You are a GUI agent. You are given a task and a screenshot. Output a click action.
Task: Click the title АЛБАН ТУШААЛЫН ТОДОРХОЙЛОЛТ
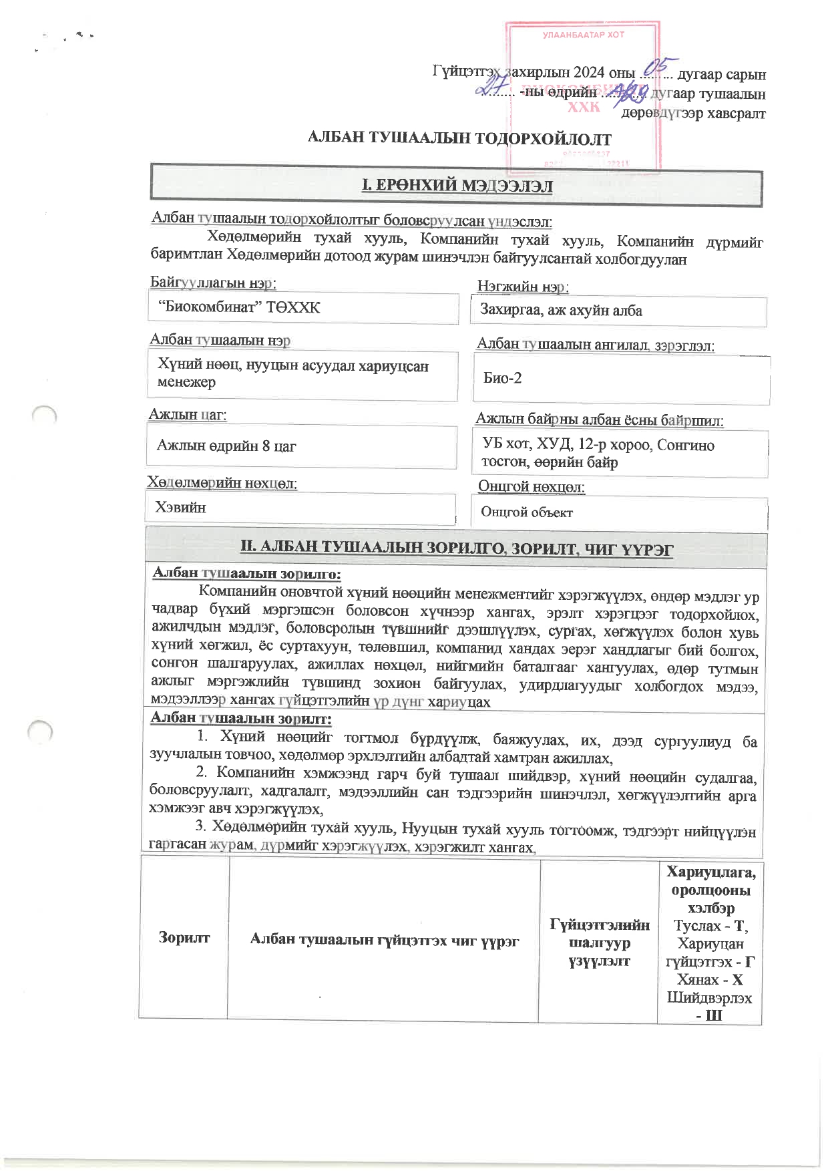pos(459,139)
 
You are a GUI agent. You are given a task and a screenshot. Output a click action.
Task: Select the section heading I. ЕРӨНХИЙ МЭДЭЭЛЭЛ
pos(457,186)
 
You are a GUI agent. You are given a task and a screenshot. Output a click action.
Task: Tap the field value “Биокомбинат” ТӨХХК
pos(239,308)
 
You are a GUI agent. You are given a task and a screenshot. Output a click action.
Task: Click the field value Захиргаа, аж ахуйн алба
pos(561,311)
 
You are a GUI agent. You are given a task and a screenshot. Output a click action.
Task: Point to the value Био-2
pos(502,378)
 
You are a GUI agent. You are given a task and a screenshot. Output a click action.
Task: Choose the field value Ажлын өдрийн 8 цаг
pos(226,446)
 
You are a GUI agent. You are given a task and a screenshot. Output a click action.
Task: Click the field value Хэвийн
pos(180,508)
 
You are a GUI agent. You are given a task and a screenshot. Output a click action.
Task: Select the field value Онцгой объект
pos(526,512)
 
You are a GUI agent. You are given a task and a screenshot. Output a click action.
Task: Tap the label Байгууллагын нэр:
pos(213,283)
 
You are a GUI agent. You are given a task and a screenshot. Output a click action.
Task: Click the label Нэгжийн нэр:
pos(522,287)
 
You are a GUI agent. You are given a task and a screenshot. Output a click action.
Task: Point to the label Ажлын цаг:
pos(188,415)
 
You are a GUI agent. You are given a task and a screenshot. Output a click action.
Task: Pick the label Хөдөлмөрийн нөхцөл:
pos(222,483)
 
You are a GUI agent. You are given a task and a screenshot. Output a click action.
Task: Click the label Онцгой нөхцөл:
pos(531,487)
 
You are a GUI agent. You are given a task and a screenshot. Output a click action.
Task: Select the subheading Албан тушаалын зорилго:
pos(246,573)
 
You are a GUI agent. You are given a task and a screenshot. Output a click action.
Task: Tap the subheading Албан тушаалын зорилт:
pos(240,719)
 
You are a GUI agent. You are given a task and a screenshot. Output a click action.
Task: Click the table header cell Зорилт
pos(184,937)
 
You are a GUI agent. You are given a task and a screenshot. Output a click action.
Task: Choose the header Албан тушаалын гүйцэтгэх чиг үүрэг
pos(384,939)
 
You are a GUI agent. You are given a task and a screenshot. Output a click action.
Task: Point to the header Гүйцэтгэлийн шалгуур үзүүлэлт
pos(599,943)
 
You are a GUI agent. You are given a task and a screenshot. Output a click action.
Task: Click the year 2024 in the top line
pos(588,73)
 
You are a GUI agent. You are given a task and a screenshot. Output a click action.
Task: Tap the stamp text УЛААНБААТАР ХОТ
pos(583,35)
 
